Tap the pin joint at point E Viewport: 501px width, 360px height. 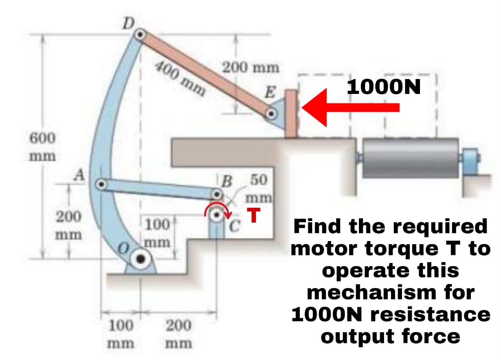coord(270,114)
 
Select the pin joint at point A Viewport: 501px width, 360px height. coord(101,183)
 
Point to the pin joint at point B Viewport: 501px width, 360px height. coord(217,194)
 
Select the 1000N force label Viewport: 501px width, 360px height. coord(384,87)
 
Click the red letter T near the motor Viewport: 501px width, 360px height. coord(254,216)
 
